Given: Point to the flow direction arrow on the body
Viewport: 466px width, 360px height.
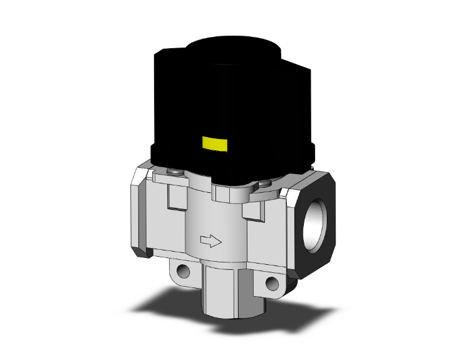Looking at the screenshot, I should coord(209,239).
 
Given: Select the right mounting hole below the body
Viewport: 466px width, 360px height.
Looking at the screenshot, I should coord(271,283).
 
